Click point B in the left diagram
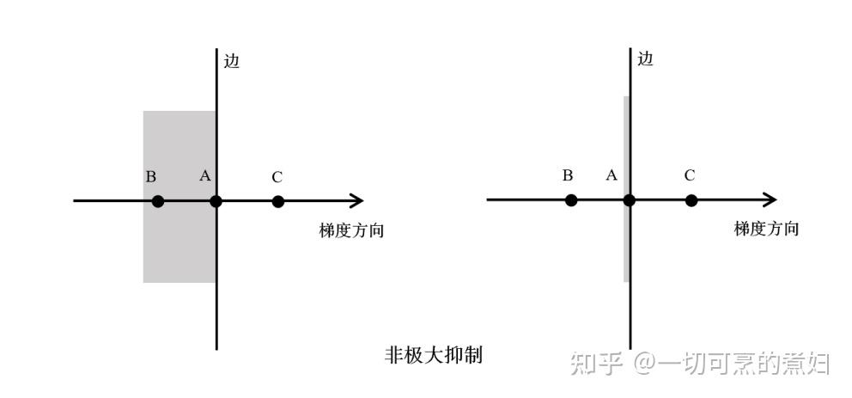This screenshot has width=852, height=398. (x=157, y=201)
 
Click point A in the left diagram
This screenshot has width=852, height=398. (x=216, y=201)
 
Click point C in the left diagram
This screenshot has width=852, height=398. (x=277, y=201)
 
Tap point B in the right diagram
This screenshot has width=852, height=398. (x=571, y=200)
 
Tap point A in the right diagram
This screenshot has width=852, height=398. (x=629, y=200)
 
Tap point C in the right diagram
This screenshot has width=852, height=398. (x=691, y=200)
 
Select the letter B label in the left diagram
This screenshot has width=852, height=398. (x=151, y=177)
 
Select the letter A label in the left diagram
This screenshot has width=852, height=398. (x=205, y=176)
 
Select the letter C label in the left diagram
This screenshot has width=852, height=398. (x=277, y=177)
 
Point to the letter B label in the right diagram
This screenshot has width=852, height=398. (x=568, y=175)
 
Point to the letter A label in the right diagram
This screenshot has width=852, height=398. (x=612, y=175)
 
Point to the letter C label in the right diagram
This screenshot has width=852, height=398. (x=690, y=175)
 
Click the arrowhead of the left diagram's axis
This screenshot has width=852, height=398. (x=356, y=201)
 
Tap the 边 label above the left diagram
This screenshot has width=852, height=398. (x=231, y=61)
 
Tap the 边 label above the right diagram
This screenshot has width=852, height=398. (x=645, y=58)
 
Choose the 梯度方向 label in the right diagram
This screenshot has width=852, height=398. (x=766, y=229)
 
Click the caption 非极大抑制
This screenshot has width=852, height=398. (x=434, y=355)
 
